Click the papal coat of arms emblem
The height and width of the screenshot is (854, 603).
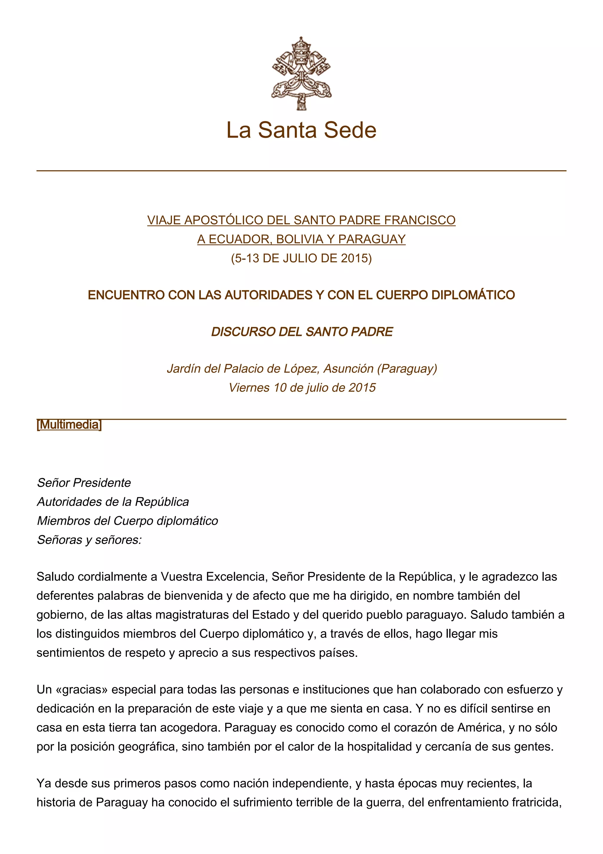coord(301,73)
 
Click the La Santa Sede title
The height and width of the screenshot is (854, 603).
coord(301,130)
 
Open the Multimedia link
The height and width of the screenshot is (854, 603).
coord(69,424)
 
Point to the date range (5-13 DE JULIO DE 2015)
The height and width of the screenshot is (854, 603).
coord(301,258)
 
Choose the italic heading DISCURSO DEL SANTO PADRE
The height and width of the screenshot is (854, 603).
coord(302,332)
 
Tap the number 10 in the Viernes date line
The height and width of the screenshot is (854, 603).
coord(280,388)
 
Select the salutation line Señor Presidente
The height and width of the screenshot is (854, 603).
coord(84,483)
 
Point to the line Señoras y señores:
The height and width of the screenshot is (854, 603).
coord(90,540)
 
